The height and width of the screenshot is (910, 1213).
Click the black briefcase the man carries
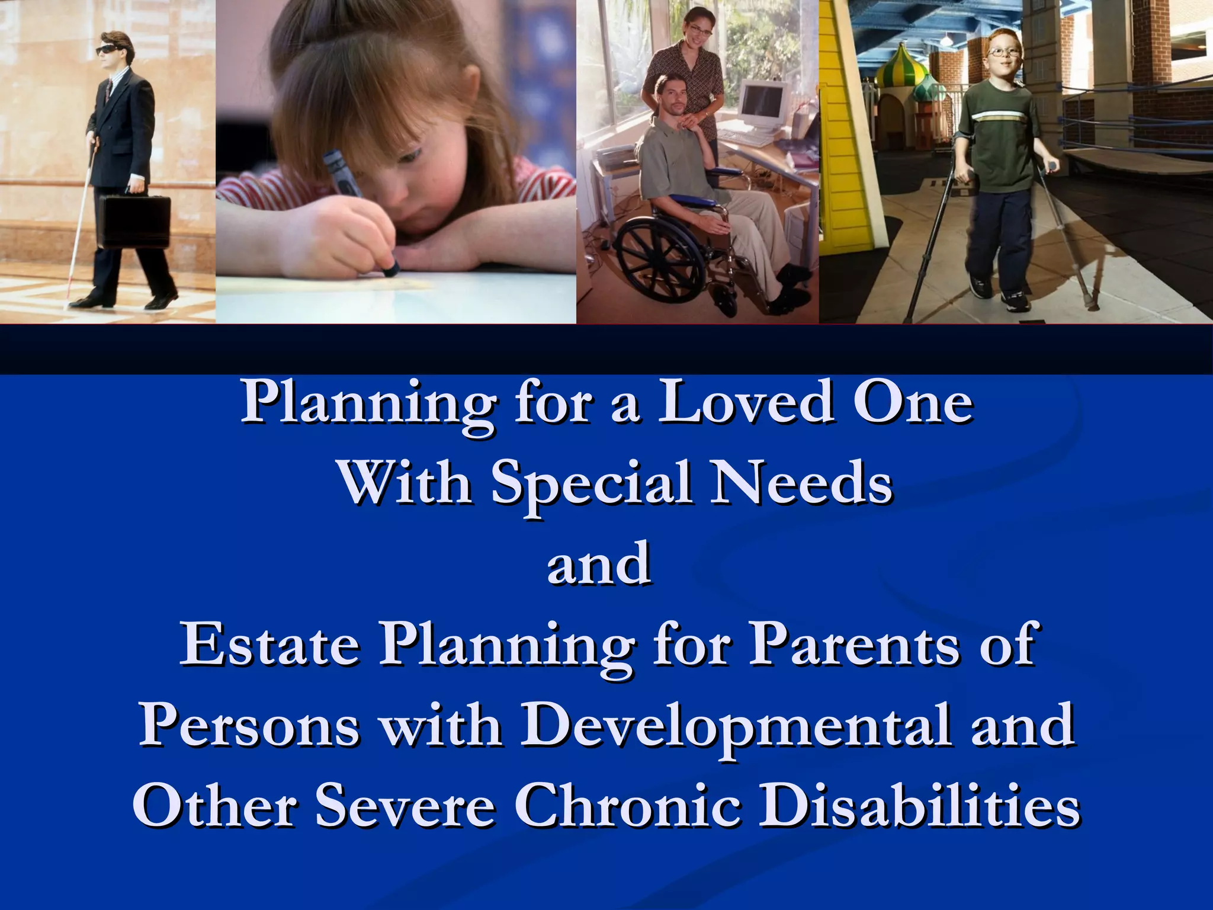(135, 222)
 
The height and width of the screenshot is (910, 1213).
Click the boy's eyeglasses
(1003, 52)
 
